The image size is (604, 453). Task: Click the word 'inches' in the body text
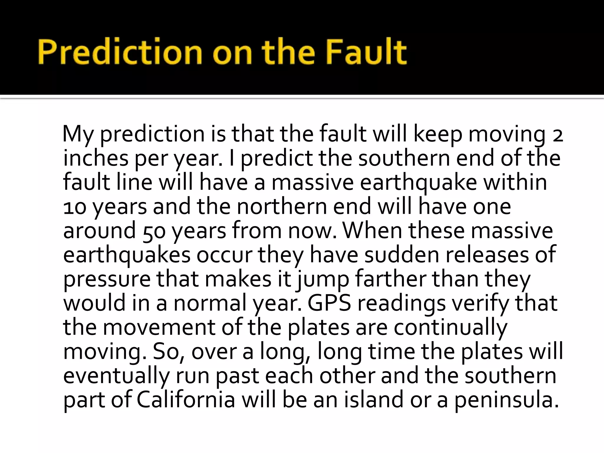[x=96, y=158]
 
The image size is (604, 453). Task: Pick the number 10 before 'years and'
[x=75, y=207]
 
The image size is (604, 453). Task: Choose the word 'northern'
[x=282, y=206]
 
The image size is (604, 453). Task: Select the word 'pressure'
[x=107, y=280]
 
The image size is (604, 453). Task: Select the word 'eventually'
[x=116, y=376]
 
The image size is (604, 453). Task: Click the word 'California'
[x=186, y=400]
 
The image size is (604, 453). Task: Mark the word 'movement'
[x=159, y=327]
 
